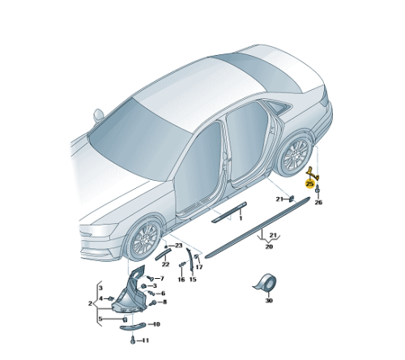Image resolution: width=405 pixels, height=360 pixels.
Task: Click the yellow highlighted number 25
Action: click(x=309, y=184)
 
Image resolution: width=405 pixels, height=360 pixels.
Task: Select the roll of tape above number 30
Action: click(x=266, y=283)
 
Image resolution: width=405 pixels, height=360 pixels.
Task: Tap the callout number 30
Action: click(x=269, y=300)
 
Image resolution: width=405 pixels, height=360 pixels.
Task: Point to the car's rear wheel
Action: click(x=295, y=155)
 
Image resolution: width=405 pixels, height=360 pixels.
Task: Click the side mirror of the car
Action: click(x=98, y=115)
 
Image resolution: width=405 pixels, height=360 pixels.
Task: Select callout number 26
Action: click(x=318, y=202)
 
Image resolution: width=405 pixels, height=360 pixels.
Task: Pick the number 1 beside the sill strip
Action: click(x=241, y=218)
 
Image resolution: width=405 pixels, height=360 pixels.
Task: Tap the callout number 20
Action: click(x=269, y=246)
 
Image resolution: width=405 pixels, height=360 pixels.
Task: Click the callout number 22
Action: click(x=165, y=264)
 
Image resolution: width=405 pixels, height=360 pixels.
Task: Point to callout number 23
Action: click(x=179, y=246)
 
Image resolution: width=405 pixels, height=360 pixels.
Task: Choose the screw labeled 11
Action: click(x=133, y=341)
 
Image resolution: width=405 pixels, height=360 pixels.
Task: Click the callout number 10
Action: click(x=156, y=324)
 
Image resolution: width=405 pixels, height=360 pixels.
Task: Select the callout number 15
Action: click(x=193, y=280)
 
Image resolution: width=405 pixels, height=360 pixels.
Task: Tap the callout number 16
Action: click(x=181, y=280)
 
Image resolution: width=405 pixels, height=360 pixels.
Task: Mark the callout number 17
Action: click(x=199, y=267)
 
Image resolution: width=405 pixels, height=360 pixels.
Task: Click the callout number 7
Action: click(x=162, y=278)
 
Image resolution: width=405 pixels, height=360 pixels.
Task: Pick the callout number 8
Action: click(x=164, y=302)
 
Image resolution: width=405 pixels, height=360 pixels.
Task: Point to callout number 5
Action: click(x=100, y=319)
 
